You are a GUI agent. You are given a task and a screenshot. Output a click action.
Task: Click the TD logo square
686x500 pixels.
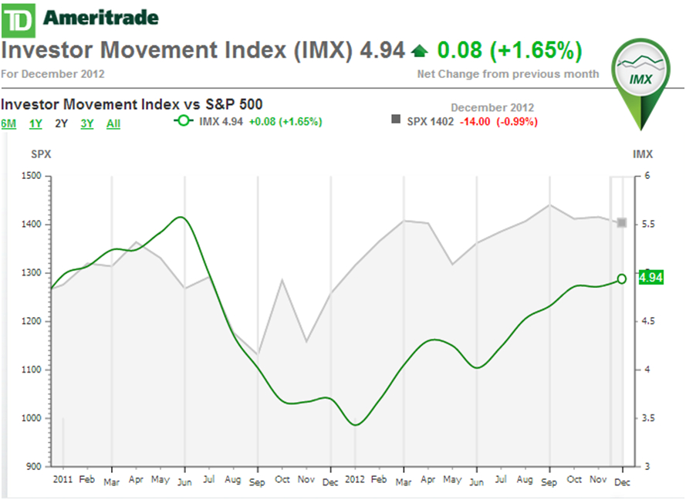(x=18, y=18)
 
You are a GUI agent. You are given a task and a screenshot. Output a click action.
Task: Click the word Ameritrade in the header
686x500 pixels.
(x=101, y=18)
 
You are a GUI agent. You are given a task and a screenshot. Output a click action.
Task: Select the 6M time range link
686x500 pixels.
(x=8, y=123)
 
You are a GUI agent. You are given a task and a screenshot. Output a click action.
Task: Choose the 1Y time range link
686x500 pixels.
(x=35, y=123)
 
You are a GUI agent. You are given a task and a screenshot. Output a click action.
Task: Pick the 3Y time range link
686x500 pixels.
(x=86, y=123)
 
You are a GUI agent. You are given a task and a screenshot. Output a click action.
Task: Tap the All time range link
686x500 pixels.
(x=113, y=123)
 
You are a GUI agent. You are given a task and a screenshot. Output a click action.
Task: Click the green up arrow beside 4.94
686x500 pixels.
(x=419, y=52)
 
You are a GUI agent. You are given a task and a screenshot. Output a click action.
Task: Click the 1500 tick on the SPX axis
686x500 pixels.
(x=32, y=176)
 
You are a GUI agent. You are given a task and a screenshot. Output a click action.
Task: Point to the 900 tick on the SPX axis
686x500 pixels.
(x=34, y=466)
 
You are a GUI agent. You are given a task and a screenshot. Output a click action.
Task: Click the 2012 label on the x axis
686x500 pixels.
(x=355, y=479)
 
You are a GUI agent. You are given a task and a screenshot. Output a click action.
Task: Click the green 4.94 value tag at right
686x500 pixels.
(x=653, y=277)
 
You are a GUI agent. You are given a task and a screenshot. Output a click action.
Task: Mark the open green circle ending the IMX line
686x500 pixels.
(x=622, y=279)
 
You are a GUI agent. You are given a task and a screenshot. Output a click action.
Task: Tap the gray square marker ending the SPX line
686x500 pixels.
(x=622, y=223)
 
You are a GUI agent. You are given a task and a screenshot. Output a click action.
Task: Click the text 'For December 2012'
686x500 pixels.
(x=53, y=75)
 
